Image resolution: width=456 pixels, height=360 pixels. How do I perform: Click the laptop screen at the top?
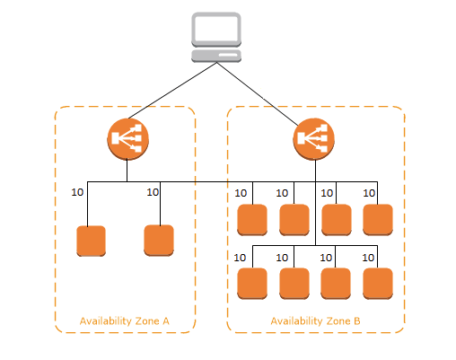tap(216, 30)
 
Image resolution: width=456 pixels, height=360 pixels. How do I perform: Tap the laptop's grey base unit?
tap(216, 56)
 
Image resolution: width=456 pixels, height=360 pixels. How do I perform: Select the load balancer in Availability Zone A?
tap(128, 139)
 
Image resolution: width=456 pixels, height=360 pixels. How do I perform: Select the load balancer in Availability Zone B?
tap(313, 139)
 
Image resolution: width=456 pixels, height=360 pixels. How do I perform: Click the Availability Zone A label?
tap(125, 321)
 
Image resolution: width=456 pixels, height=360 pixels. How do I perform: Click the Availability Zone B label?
tap(315, 321)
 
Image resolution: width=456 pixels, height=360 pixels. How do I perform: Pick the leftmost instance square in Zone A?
tap(91, 241)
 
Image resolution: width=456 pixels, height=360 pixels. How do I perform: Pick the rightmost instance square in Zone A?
tap(159, 241)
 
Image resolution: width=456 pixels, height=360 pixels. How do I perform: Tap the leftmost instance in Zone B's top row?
tap(252, 220)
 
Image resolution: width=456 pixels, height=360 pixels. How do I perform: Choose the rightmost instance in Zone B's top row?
tap(378, 220)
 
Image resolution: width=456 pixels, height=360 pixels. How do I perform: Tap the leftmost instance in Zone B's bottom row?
tap(252, 284)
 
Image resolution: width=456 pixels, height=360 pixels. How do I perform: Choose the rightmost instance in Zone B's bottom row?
tap(378, 284)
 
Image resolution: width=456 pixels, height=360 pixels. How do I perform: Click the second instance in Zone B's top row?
tap(294, 220)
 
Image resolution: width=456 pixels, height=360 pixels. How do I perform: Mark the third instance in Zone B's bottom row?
tap(336, 284)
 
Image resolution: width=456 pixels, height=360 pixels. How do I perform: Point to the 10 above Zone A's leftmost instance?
tap(77, 192)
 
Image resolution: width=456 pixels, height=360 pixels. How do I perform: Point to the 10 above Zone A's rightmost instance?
tap(153, 192)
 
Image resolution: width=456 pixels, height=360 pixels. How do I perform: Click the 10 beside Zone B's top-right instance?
tap(369, 193)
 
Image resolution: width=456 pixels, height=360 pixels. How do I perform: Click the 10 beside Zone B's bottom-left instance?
tap(240, 258)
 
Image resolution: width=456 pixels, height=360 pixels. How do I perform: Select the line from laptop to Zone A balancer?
tap(172, 91)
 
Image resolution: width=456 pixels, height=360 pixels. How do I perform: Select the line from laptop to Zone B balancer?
tap(258, 94)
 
